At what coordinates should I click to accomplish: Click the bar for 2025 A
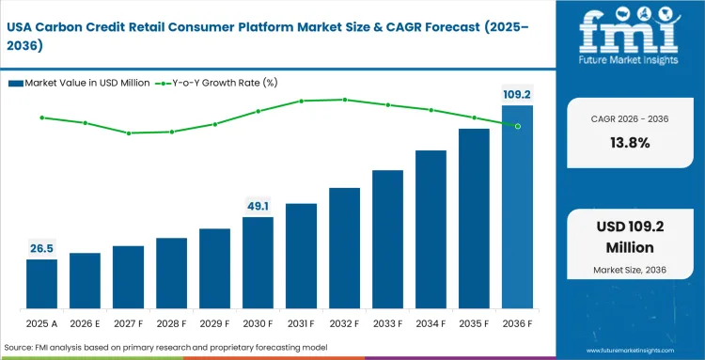41,285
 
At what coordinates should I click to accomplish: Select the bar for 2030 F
258,263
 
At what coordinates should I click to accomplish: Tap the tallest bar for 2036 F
517,208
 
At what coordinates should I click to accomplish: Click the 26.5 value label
41,248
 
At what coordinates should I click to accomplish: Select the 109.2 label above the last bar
516,94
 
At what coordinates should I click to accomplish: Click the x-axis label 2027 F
128,322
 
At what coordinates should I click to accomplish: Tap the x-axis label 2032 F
344,322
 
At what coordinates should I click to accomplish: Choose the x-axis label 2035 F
474,322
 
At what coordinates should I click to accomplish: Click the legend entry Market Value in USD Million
79,83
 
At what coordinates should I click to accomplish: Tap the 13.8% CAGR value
630,143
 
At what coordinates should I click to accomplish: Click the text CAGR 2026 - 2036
630,118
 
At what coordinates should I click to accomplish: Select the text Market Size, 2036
630,271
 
